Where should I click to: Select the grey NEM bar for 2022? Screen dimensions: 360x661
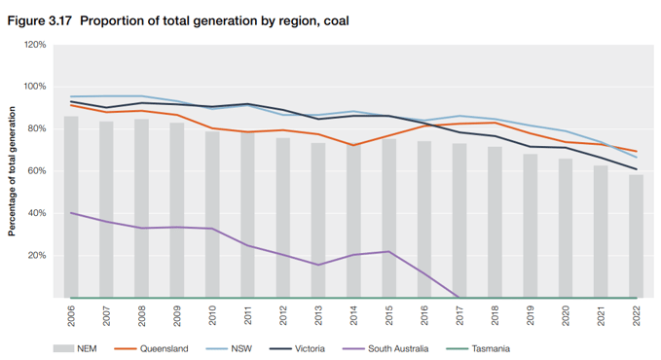tap(635, 238)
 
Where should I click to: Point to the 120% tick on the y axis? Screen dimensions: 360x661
tap(35, 45)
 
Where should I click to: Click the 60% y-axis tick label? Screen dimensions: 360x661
tap(37, 171)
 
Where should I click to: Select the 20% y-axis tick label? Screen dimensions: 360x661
tap(37, 256)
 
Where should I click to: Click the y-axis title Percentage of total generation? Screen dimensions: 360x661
tap(13, 172)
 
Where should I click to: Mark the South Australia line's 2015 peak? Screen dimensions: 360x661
tap(388, 252)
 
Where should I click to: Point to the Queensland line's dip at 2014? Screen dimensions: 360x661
tap(353, 145)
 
